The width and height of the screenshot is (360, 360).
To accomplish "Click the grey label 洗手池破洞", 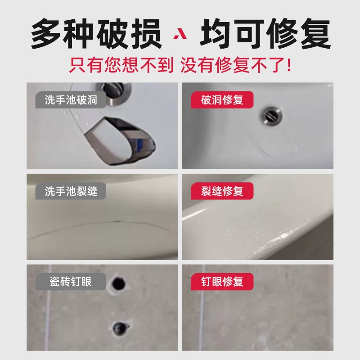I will [71, 100].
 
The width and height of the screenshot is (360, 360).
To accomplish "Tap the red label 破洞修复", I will [221, 100].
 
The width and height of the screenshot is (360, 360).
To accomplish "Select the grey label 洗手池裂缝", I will [71, 191].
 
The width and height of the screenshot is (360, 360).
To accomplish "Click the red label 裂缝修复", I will [221, 191].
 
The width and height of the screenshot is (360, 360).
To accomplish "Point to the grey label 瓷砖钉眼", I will [71, 282].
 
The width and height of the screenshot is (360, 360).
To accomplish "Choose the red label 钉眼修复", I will [221, 282].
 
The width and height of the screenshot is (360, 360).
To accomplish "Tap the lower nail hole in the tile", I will [120, 326].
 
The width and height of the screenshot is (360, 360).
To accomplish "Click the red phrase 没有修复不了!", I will [236, 66].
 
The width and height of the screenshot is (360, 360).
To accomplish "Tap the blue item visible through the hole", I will [141, 145].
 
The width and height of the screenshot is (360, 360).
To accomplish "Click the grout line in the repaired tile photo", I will [201, 315].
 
